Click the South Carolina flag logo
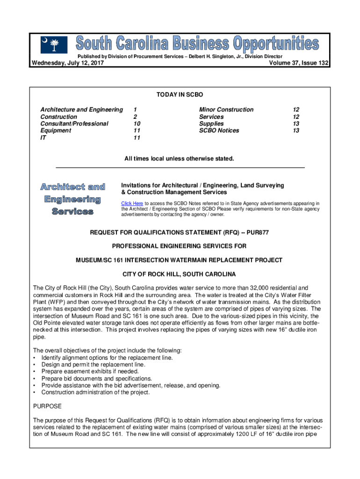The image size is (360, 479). [54, 45]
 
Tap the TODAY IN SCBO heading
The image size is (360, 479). [180, 95]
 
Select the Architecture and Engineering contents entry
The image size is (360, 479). [82, 109]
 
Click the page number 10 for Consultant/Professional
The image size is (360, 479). [137, 123]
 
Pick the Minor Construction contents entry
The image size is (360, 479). [226, 109]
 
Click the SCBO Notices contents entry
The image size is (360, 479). [219, 131]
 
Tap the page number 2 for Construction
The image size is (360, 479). [135, 116]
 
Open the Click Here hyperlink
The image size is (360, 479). [132, 203]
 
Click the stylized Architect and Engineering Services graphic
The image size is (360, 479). [72, 199]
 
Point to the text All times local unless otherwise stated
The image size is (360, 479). [179, 159]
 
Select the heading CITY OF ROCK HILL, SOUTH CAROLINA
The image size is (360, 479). [179, 274]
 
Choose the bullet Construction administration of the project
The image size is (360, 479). [95, 392]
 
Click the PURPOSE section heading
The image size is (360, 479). [47, 406]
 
